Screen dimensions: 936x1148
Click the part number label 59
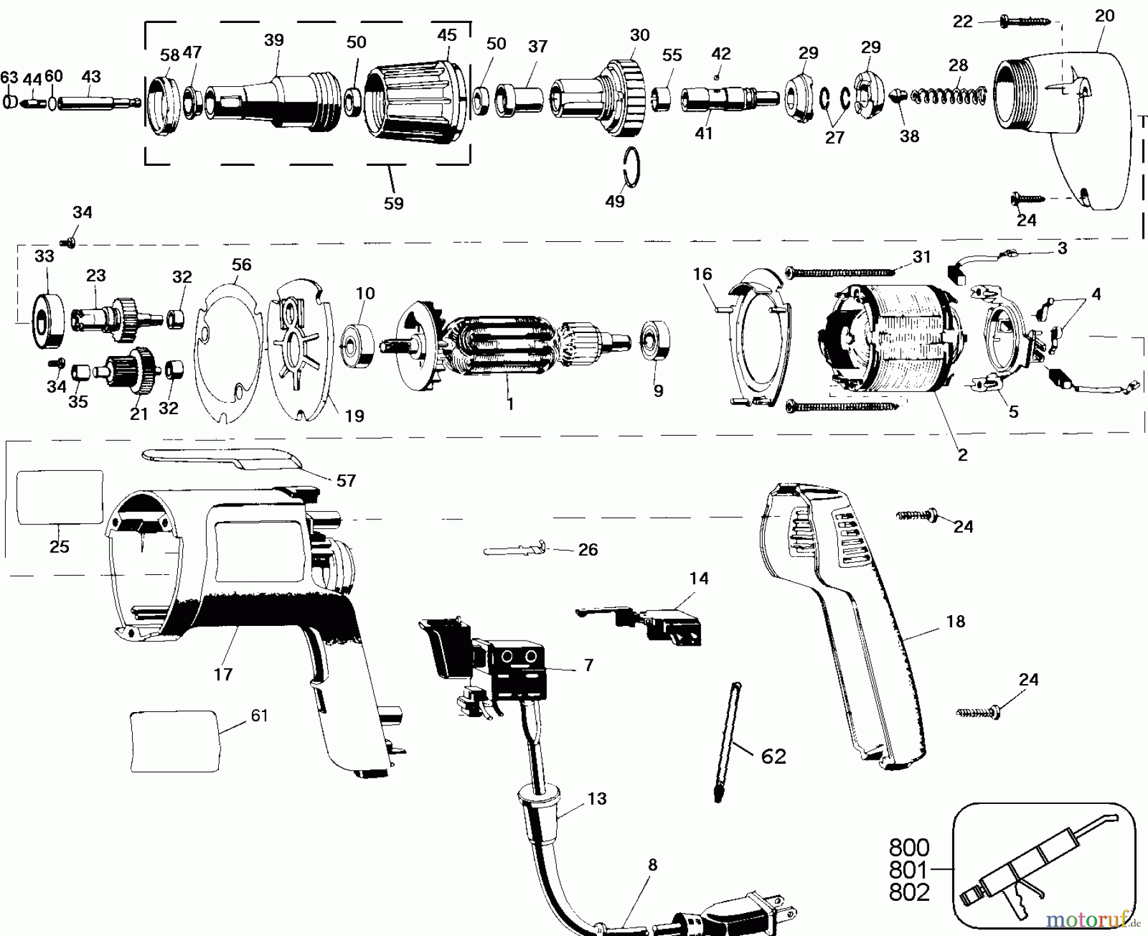pyautogui.click(x=394, y=204)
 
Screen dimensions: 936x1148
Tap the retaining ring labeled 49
pyautogui.click(x=631, y=168)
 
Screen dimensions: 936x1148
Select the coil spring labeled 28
pyautogui.click(x=948, y=96)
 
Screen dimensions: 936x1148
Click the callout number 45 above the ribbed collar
pyautogui.click(x=447, y=35)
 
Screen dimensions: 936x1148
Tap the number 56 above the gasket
pyautogui.click(x=242, y=265)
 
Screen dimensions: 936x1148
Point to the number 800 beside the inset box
pyautogui.click(x=909, y=849)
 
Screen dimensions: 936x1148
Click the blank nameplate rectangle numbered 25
pyautogui.click(x=59, y=498)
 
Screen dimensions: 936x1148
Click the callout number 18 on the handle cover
pyautogui.click(x=955, y=621)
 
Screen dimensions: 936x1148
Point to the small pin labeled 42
pyautogui.click(x=717, y=77)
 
